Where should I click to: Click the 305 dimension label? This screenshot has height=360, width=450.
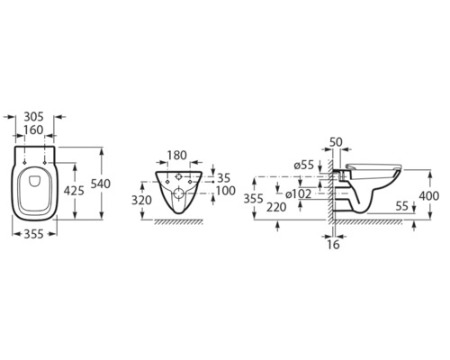point(33,116)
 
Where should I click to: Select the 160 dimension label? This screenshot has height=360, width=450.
point(33,130)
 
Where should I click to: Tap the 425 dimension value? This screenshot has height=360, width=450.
point(74,191)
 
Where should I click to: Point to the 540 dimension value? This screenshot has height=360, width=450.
point(101,184)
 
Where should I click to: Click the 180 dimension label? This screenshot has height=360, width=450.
point(177,156)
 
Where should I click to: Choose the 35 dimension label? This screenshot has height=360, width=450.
point(223,178)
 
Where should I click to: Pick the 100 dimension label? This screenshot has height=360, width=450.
point(225,191)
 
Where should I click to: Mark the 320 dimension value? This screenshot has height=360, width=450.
point(141,200)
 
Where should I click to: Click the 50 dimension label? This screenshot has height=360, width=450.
point(336,142)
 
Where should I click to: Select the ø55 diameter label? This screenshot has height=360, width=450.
point(304,165)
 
